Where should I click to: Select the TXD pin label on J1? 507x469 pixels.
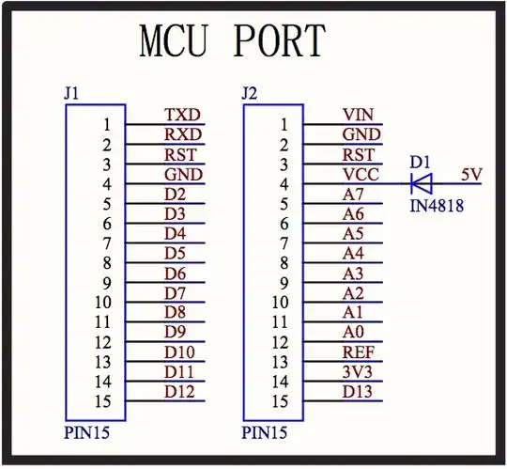(183, 115)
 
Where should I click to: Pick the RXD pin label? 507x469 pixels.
(183, 134)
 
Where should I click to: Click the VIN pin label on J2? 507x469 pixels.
(359, 115)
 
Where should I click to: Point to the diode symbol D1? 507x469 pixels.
(422, 182)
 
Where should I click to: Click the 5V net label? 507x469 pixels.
(472, 174)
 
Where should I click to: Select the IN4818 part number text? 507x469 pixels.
(437, 204)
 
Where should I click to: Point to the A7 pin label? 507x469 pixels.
(353, 194)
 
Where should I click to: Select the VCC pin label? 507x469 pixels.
(361, 174)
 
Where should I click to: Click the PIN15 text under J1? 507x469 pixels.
(85, 433)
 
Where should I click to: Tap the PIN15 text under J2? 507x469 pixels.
(264, 433)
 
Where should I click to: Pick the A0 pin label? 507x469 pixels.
(353, 332)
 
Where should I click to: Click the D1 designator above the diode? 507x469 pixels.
(419, 162)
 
